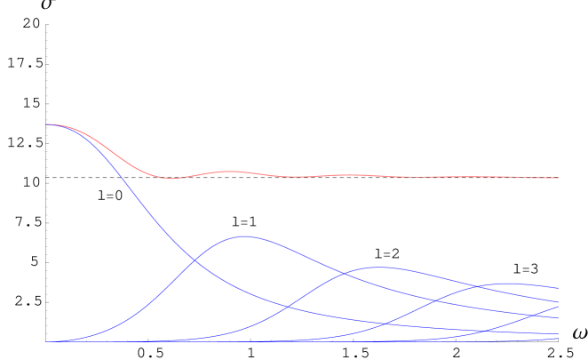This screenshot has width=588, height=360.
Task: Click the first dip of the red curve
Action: tap(171, 179)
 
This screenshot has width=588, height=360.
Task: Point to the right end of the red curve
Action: tap(559, 178)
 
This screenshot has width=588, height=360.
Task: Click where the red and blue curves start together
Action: tap(46, 124)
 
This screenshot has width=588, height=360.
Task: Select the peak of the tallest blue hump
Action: tap(242, 236)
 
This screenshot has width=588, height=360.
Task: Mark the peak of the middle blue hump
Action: tap(378, 267)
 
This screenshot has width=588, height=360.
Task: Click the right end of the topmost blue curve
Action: tap(559, 288)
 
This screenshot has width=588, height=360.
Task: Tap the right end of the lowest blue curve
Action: tap(559, 338)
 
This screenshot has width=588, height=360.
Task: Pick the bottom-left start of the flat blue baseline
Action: tap(46, 341)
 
